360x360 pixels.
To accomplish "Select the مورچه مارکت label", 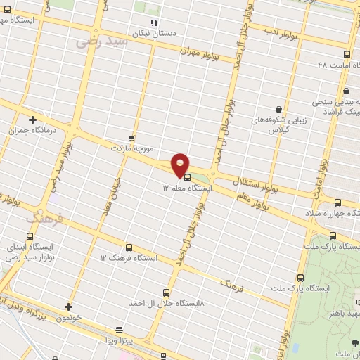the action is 131,149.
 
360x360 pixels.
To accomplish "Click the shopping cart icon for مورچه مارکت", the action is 131,138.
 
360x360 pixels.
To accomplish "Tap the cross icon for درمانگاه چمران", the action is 32,120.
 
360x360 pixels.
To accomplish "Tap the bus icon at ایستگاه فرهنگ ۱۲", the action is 129,247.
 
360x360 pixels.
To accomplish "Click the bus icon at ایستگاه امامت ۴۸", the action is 347,54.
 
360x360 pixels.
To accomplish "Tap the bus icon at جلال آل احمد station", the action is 167,292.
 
